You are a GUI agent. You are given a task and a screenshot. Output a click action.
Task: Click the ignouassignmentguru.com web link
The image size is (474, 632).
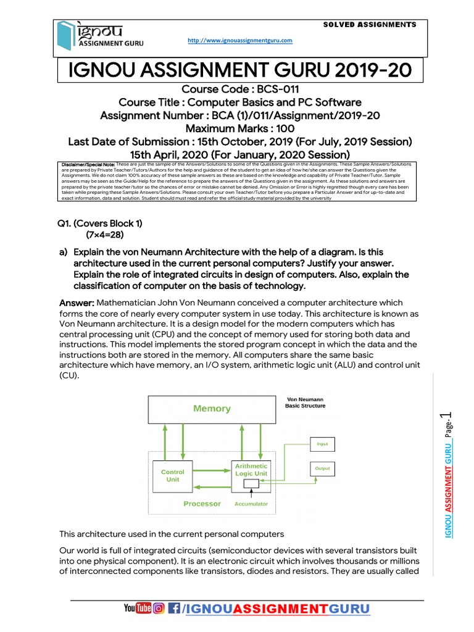(x=239, y=41)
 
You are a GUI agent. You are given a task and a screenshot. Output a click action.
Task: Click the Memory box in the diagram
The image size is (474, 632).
(x=212, y=409)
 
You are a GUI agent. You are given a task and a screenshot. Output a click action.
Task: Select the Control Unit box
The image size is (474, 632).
(x=172, y=475)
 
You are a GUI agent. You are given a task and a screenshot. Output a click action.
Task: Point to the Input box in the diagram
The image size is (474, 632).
(x=322, y=443)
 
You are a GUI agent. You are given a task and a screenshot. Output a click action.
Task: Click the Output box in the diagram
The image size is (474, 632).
(x=322, y=468)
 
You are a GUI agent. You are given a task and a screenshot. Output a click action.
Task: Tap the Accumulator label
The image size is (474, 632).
(x=251, y=504)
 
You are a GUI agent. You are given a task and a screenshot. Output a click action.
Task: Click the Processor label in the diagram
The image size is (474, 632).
(x=202, y=504)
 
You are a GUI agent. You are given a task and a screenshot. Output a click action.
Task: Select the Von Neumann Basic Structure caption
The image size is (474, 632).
(x=305, y=402)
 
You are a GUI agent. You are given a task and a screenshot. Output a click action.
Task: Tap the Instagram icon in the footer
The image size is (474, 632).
(x=158, y=609)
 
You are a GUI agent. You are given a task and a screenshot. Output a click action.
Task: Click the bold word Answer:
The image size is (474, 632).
(x=76, y=303)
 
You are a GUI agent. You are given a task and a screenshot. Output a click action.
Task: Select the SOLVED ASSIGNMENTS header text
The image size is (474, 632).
(x=370, y=25)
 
